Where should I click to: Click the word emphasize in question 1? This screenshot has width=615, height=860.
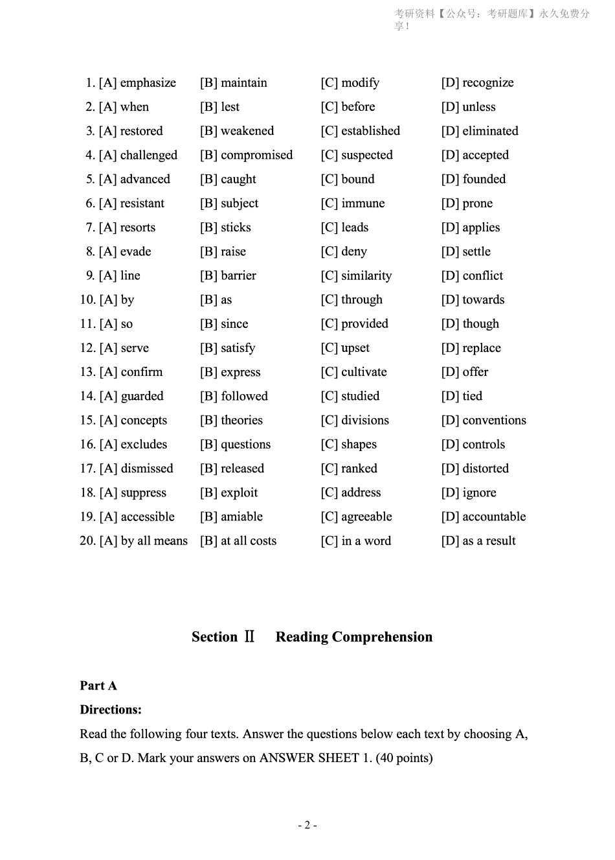click(x=148, y=83)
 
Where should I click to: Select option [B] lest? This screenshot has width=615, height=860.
click(x=219, y=107)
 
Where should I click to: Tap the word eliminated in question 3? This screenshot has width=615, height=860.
click(x=490, y=131)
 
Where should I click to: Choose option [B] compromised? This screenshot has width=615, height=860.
click(x=246, y=156)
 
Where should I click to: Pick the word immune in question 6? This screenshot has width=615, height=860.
click(x=363, y=203)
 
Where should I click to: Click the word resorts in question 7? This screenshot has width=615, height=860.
click(x=137, y=227)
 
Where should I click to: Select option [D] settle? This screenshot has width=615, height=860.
click(x=465, y=251)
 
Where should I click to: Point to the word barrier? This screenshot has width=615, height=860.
click(x=238, y=275)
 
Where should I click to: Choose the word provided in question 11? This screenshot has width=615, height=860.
click(x=364, y=324)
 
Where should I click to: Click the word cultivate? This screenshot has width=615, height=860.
click(x=364, y=372)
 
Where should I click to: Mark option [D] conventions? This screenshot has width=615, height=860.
click(x=484, y=421)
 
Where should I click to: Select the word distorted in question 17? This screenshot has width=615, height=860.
click(x=486, y=469)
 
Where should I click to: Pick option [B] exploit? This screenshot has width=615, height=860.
click(x=229, y=493)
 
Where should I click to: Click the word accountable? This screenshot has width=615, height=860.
click(x=494, y=517)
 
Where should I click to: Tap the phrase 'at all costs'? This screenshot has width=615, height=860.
click(x=249, y=541)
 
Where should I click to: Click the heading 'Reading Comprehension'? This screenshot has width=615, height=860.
click(x=353, y=637)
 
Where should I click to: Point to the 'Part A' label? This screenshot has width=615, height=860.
click(x=98, y=686)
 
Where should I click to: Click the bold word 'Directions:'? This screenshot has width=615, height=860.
click(x=111, y=710)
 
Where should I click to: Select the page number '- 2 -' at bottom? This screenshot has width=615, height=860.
click(x=307, y=825)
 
